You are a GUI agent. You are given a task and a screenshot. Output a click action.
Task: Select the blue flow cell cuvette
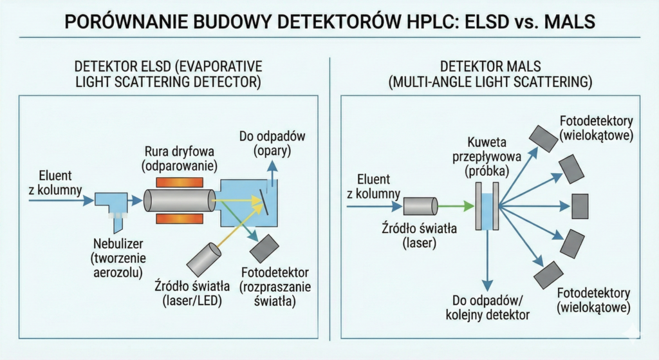[x=487, y=206]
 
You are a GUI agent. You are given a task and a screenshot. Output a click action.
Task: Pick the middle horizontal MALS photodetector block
[x=579, y=206]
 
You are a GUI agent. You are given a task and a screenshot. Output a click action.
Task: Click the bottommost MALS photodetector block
[x=548, y=276]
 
